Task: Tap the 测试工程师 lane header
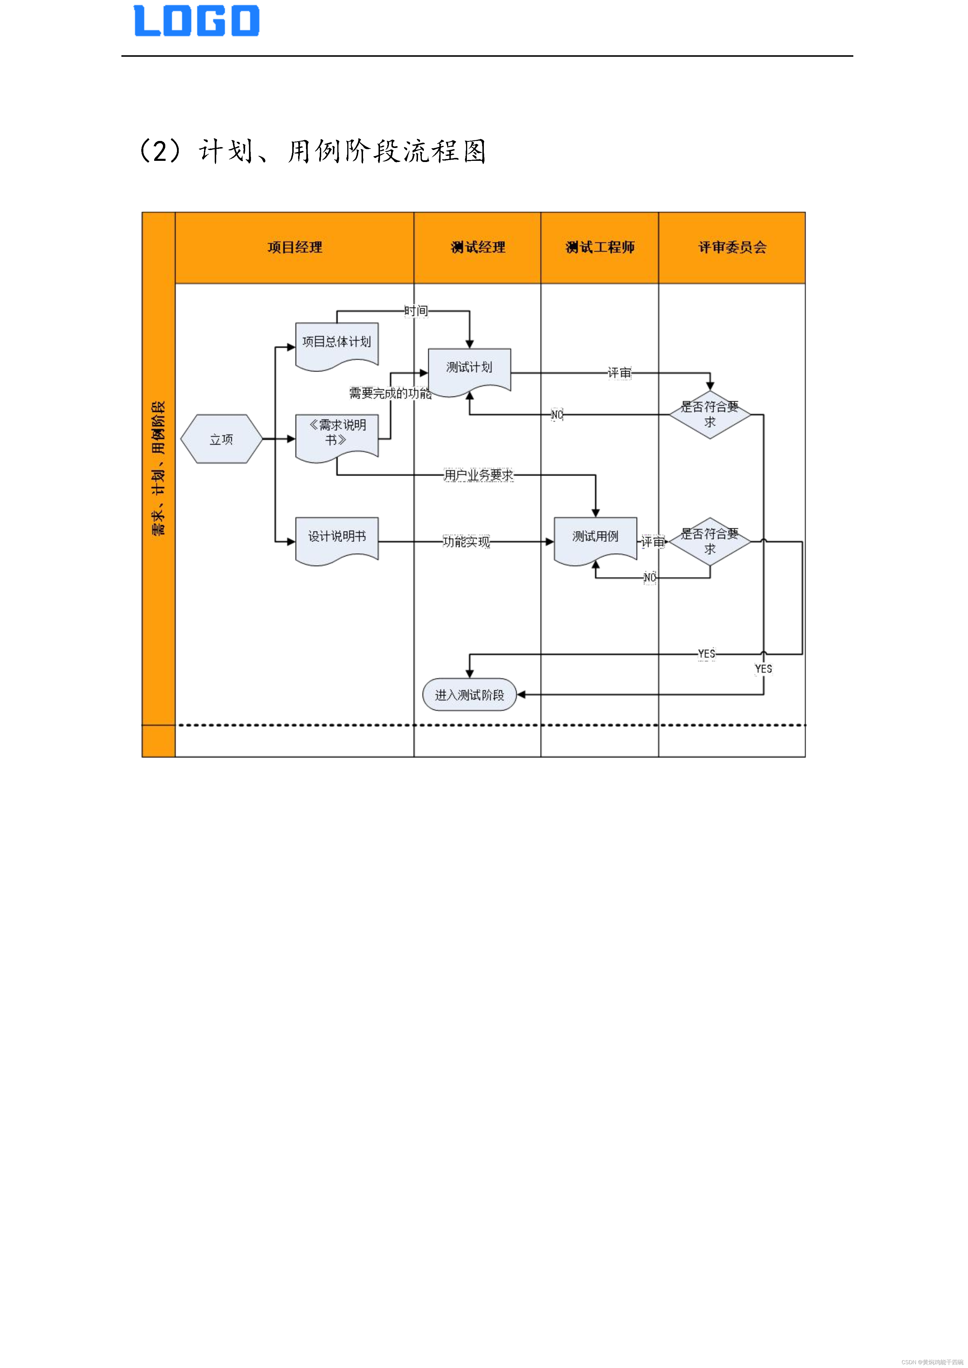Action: point(600,247)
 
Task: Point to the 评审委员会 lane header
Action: point(732,247)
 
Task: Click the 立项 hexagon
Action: point(221,439)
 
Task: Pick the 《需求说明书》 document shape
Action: point(337,435)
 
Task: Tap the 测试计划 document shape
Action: point(469,369)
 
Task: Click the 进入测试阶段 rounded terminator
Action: point(469,695)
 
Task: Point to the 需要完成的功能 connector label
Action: point(390,393)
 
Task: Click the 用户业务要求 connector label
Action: point(478,475)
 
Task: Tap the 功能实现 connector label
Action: point(466,542)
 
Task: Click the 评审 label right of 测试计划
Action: point(619,373)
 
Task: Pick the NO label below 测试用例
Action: point(650,577)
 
